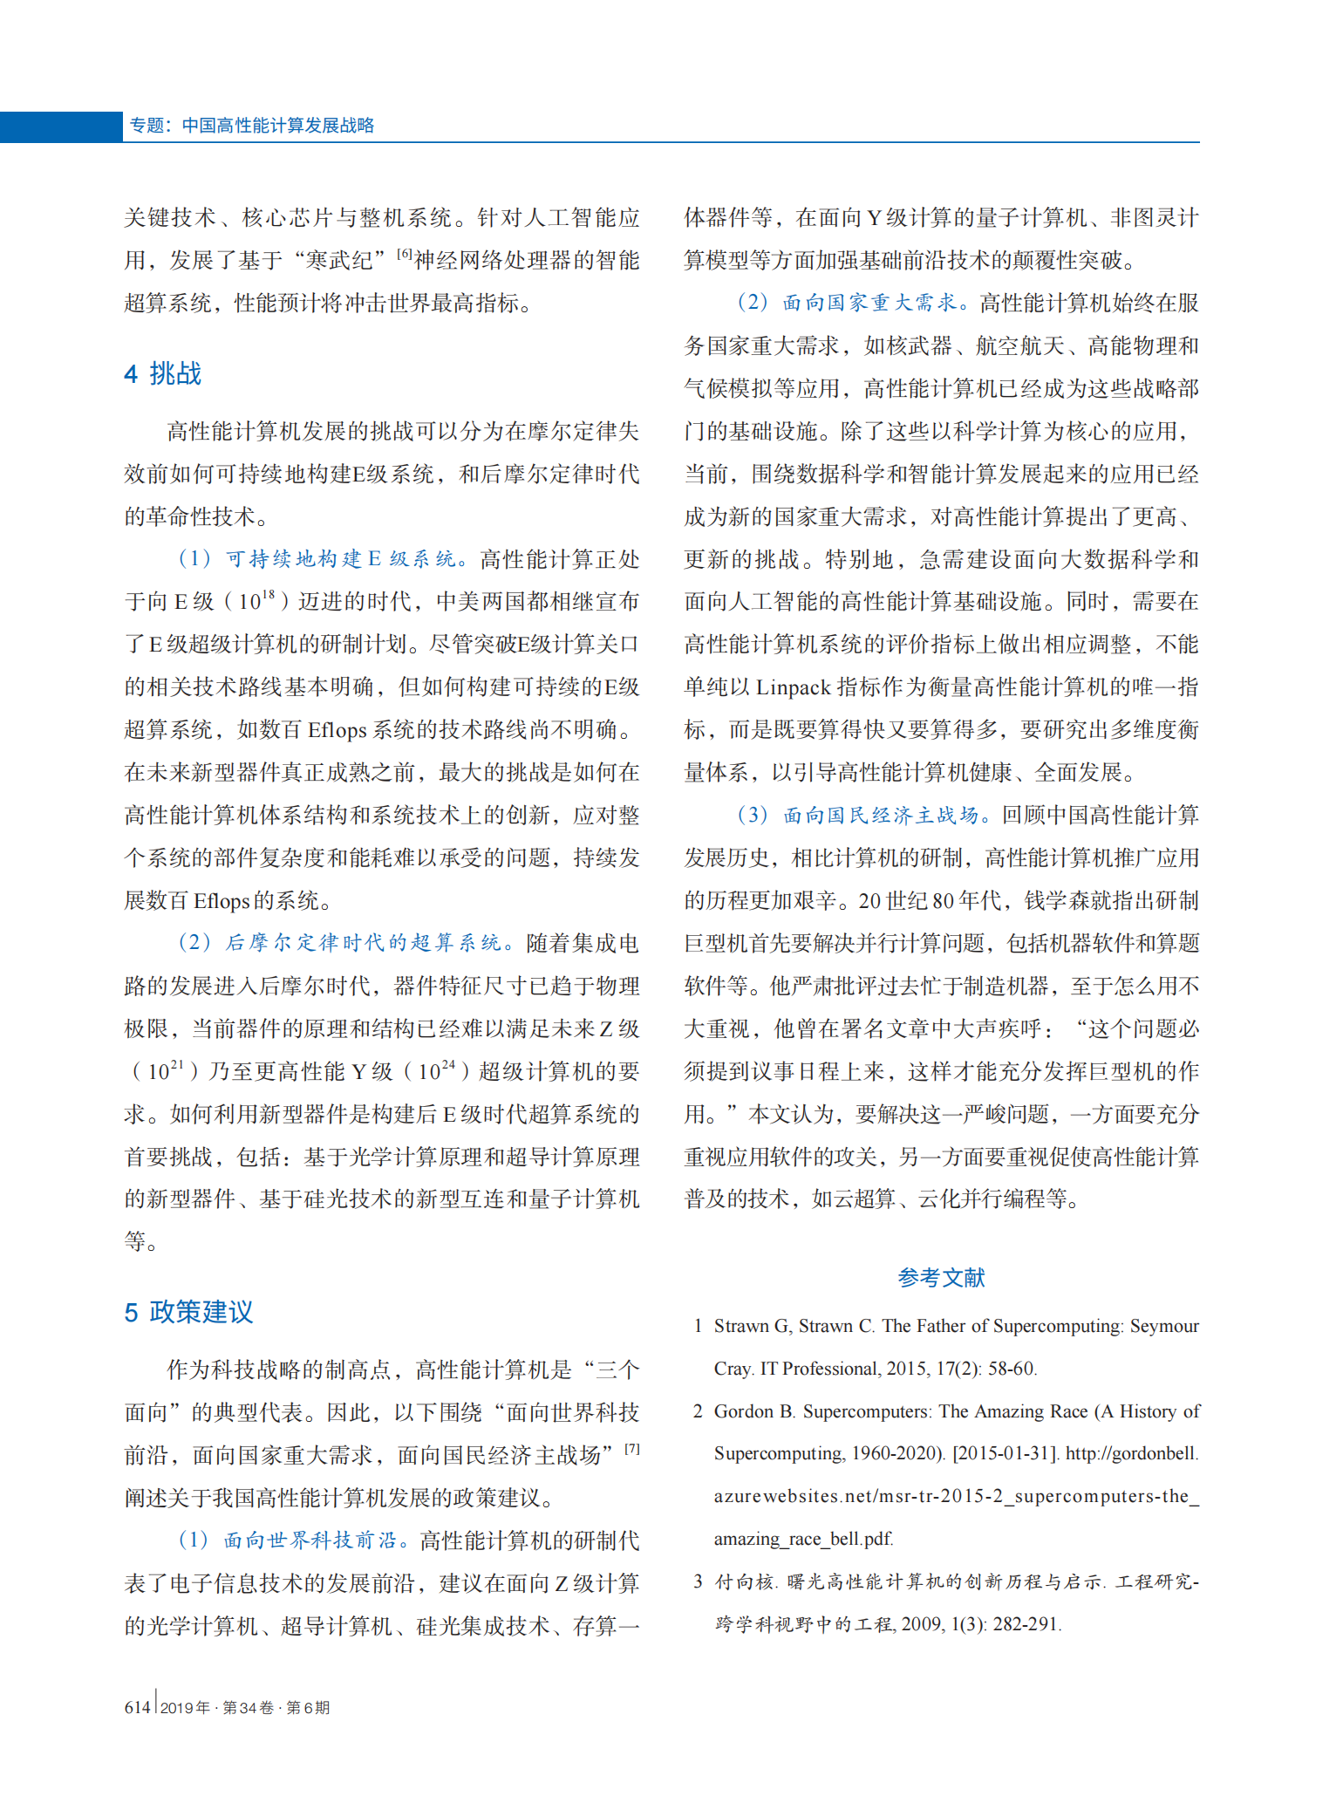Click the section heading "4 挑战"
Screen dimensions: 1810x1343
(163, 374)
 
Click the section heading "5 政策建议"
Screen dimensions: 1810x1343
(188, 1312)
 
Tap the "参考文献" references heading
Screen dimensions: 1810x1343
(941, 1278)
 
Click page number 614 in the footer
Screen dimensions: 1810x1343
(137, 1707)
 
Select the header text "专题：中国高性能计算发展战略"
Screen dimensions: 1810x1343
(252, 126)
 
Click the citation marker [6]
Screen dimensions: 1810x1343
(405, 254)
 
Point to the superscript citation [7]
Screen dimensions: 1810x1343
(632, 1449)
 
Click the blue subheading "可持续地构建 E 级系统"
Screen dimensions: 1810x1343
(340, 559)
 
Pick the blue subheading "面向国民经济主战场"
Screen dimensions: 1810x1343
(881, 816)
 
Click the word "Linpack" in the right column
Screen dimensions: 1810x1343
(793, 687)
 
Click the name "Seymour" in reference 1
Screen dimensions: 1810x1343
(1164, 1326)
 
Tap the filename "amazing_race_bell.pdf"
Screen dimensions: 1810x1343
(803, 1540)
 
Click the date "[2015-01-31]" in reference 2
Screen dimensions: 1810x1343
(1006, 1454)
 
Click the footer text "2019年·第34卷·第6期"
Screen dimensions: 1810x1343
(245, 1708)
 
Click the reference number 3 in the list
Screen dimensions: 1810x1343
(698, 1581)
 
